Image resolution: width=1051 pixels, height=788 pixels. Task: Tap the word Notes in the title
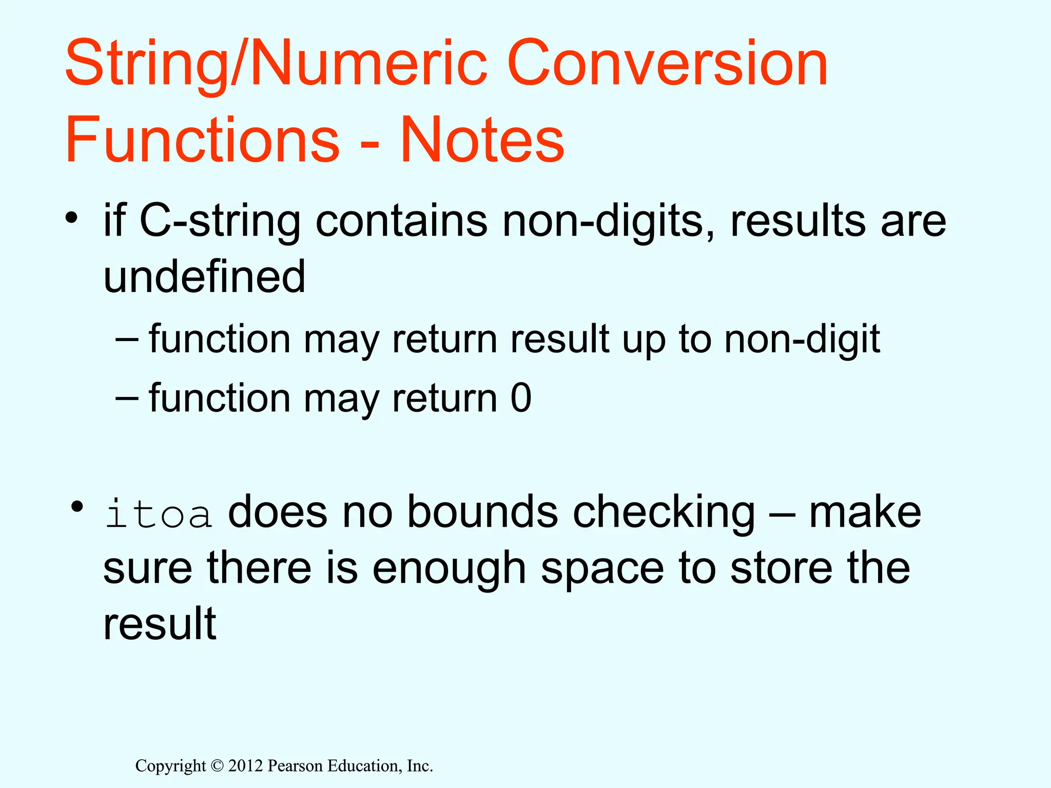tap(482, 140)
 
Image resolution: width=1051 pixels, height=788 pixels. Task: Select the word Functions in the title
tap(202, 140)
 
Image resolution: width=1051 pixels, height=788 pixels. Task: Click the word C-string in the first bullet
tap(220, 222)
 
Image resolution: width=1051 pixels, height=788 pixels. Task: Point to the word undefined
tap(204, 277)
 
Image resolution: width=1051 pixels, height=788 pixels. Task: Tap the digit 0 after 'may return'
tap(521, 398)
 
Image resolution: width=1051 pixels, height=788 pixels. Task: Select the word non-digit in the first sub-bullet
tap(802, 340)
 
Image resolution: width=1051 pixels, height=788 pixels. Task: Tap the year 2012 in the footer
tap(245, 766)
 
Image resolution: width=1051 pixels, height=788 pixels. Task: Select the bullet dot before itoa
tap(77, 507)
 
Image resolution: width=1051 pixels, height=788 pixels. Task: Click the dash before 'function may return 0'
tap(127, 398)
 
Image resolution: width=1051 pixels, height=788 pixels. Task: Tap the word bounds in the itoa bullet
tap(482, 513)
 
